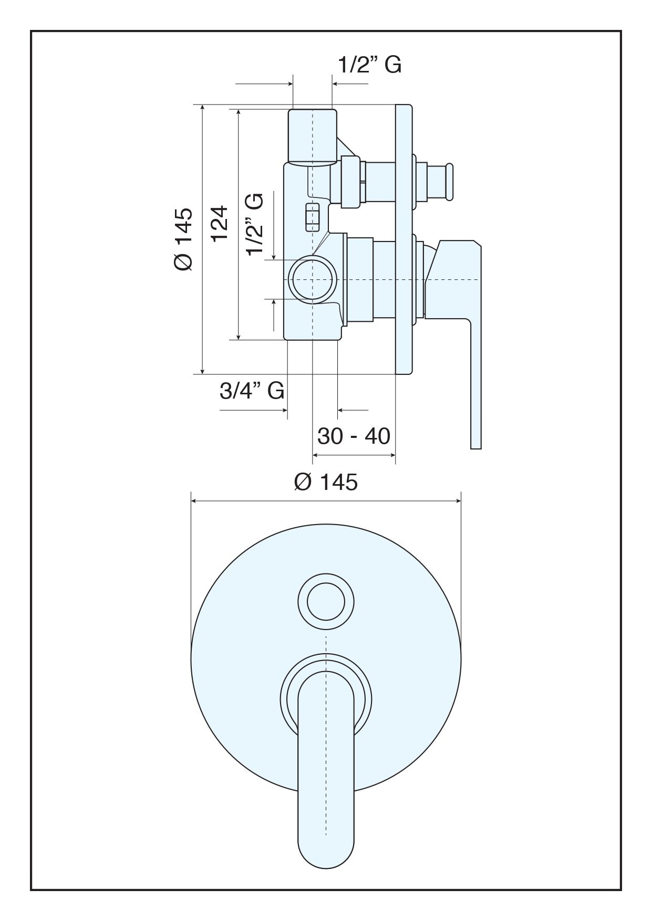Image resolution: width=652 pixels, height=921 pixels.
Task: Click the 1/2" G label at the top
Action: coord(369,65)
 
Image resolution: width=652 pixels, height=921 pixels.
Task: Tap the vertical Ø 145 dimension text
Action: coord(184,239)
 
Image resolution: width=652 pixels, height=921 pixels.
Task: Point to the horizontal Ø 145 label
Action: coord(326,482)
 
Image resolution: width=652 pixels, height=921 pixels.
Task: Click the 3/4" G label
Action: coord(252,391)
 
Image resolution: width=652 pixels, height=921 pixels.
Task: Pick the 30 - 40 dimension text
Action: coord(354,436)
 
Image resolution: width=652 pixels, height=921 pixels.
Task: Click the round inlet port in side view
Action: coord(313,280)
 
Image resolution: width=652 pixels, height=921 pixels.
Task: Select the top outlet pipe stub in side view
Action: coord(313,135)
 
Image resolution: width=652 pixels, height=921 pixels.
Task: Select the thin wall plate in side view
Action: coord(404,239)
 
